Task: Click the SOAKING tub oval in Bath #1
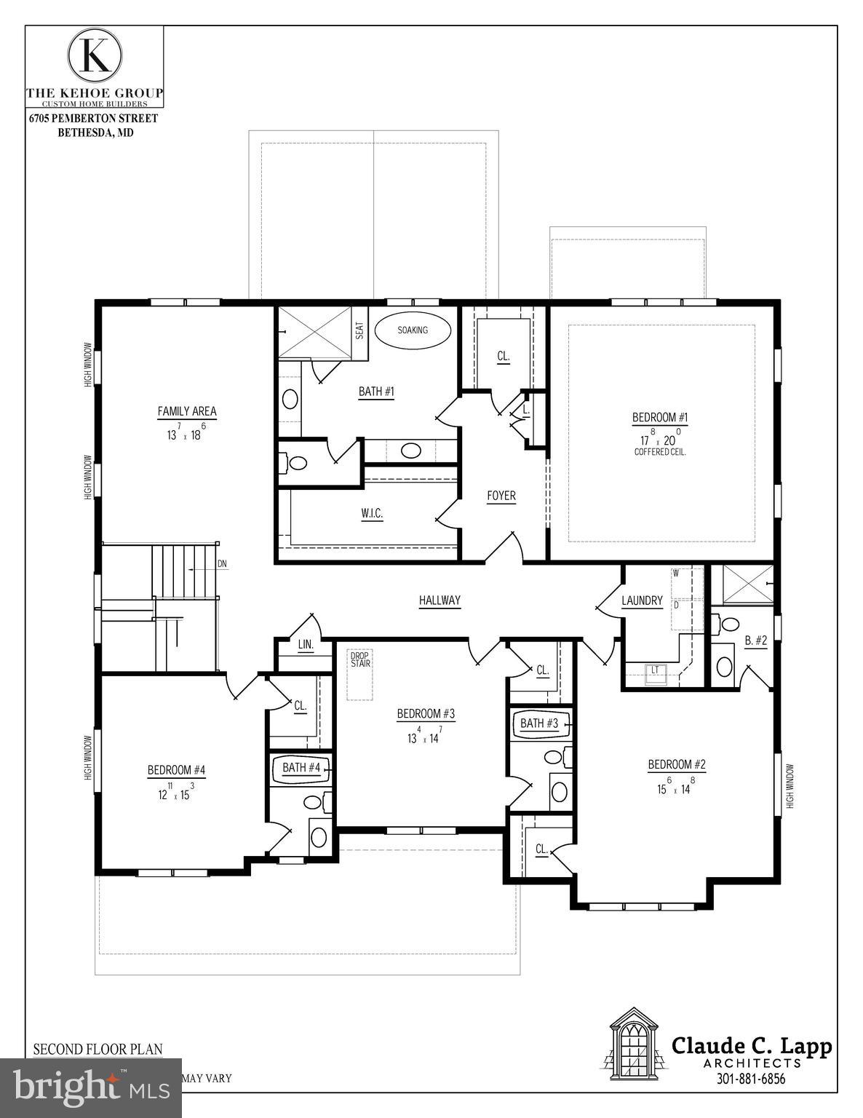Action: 413,330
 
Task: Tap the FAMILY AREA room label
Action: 187,411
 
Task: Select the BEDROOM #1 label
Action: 660,417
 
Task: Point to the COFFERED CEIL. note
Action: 660,452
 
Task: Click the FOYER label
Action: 501,496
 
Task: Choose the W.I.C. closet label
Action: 372,514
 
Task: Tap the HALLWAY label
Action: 440,600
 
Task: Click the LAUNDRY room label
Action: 642,600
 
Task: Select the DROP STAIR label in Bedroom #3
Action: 360,659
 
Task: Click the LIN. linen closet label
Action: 306,645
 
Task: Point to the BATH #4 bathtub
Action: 301,769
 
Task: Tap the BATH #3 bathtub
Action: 540,723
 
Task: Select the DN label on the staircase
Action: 222,564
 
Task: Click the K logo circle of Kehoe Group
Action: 95,55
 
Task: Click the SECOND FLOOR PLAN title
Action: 98,1049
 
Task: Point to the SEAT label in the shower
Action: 359,331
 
